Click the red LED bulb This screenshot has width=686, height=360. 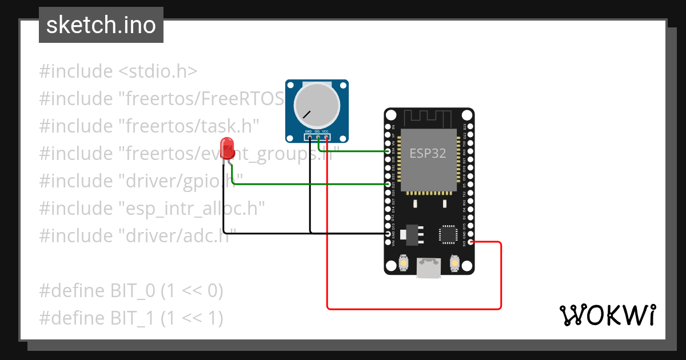tap(228, 148)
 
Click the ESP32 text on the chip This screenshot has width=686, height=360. tap(427, 153)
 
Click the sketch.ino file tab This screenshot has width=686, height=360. tap(101, 25)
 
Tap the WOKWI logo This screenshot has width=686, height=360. tap(607, 315)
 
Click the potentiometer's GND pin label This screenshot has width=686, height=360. tap(308, 131)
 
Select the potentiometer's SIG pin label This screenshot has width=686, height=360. tap(317, 131)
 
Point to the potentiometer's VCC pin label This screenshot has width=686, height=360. tap(326, 131)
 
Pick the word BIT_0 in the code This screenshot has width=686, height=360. tap(132, 291)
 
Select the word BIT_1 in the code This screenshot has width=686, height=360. tap(132, 318)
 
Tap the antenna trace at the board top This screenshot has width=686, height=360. tap(429, 118)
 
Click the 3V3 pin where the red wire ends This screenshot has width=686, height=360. tap(470, 242)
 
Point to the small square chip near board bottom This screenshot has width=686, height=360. tap(448, 234)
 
